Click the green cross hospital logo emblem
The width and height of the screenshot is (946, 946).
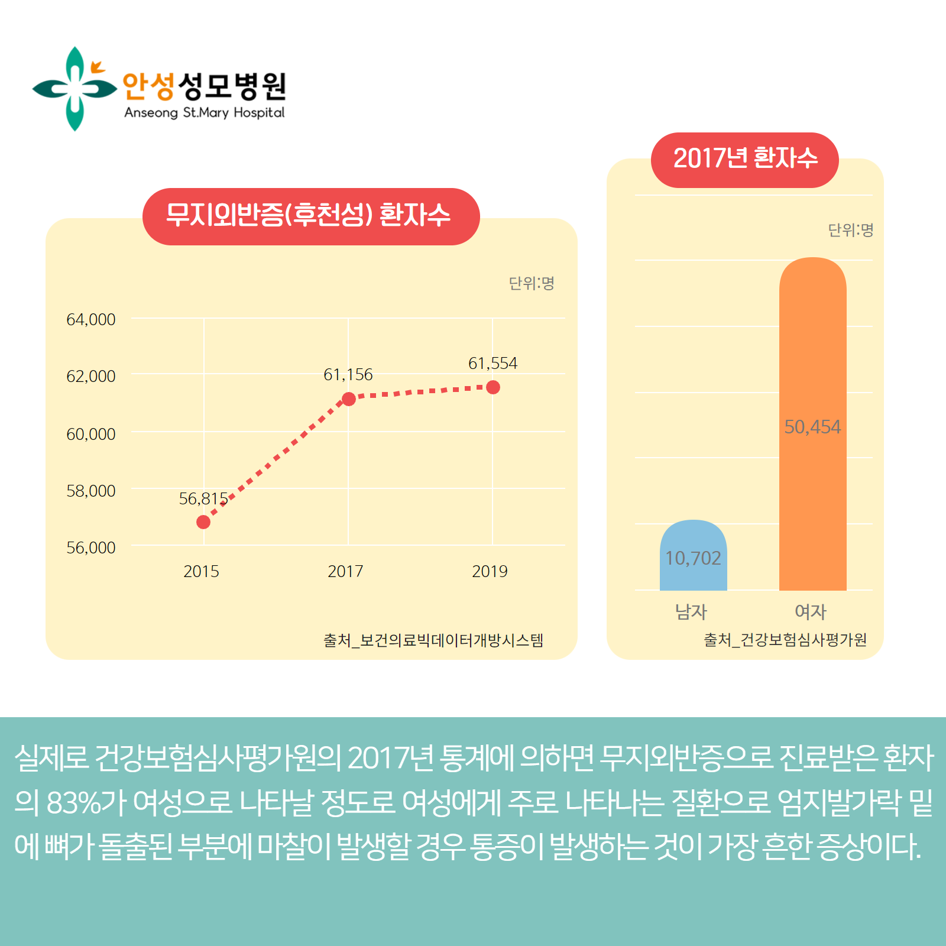coord(74,89)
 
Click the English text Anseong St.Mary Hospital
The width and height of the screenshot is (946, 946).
coord(204,112)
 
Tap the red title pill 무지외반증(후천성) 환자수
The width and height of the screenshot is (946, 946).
coord(310,216)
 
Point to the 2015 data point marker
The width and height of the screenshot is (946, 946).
coord(203,522)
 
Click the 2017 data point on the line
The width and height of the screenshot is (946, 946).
coord(349,399)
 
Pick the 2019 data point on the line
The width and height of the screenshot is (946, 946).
coord(493,387)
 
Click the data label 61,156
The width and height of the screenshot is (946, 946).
coord(348,374)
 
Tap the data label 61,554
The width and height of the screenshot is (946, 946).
coord(493,363)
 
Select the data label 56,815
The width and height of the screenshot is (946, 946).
coord(203,498)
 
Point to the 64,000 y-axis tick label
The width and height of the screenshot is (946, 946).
coord(90,319)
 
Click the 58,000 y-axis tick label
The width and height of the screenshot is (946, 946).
coord(90,491)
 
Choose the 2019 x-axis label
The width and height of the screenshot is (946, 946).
coord(490,571)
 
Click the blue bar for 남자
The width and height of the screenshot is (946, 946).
coord(693,556)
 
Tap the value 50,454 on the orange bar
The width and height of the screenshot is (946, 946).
coord(812,427)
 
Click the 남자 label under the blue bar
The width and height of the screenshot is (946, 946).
coord(691,611)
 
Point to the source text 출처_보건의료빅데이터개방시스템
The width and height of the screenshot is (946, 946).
coord(433,640)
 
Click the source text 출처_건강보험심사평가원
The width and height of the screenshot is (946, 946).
coord(785,640)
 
